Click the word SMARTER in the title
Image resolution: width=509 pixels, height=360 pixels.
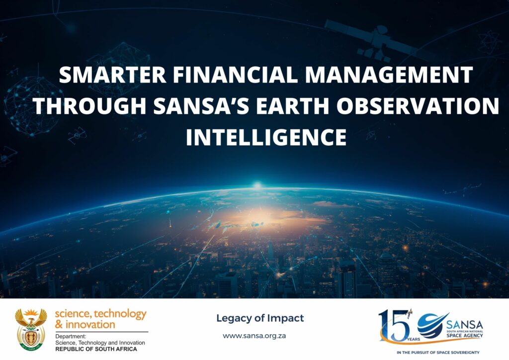[112, 75]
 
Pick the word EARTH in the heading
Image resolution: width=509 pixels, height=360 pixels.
[292, 106]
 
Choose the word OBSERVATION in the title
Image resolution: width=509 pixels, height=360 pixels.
[418, 106]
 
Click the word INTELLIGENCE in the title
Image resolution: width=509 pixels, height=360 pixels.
[266, 137]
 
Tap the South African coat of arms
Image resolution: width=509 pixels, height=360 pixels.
[31, 329]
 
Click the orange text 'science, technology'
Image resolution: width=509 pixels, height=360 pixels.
[100, 314]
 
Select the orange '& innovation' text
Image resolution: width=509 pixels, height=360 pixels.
[85, 324]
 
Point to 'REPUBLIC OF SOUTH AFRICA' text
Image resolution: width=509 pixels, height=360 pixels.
[96, 349]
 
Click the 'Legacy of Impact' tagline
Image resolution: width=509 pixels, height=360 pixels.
[260, 318]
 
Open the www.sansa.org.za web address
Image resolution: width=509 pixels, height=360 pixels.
[254, 336]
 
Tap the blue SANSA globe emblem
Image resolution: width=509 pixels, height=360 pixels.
[431, 325]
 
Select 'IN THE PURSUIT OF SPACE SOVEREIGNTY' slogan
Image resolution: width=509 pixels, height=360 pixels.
[438, 352]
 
